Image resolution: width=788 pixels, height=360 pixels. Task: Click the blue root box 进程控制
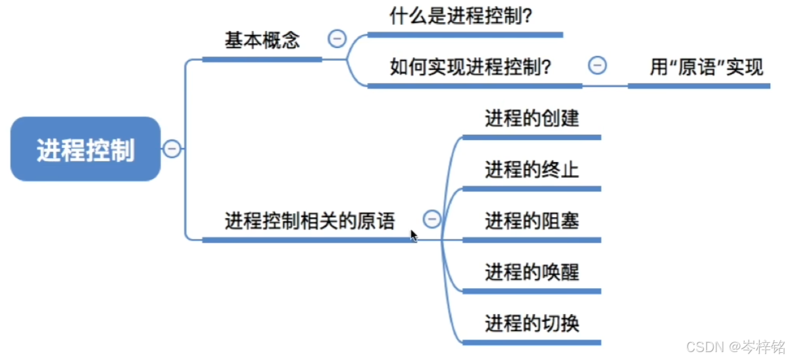point(86,149)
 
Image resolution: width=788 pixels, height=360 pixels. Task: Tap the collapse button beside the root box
point(172,149)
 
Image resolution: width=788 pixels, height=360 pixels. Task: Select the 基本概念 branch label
point(262,41)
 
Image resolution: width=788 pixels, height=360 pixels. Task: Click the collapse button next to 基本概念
point(337,39)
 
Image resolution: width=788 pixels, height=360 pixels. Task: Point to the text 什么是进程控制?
point(460,15)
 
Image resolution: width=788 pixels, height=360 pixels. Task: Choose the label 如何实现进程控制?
point(470,66)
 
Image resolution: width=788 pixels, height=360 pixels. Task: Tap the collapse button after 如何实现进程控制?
point(597,65)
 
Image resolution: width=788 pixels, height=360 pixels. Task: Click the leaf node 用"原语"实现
point(706,67)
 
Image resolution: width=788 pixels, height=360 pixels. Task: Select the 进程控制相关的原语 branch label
point(310,221)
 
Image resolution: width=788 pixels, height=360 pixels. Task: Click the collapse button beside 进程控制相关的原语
point(431,219)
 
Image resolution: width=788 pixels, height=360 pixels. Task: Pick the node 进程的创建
point(531,118)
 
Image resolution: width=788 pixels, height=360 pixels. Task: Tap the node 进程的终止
point(531,170)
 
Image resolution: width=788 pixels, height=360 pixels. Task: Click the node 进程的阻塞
point(531,220)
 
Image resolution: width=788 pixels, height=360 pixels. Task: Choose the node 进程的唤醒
point(531,271)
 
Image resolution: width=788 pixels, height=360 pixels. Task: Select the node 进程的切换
point(531,323)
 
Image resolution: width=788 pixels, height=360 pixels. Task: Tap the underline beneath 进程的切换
point(531,342)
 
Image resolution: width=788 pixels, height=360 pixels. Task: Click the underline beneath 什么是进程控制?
point(465,35)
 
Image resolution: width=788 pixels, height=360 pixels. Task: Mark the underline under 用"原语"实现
point(699,86)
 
